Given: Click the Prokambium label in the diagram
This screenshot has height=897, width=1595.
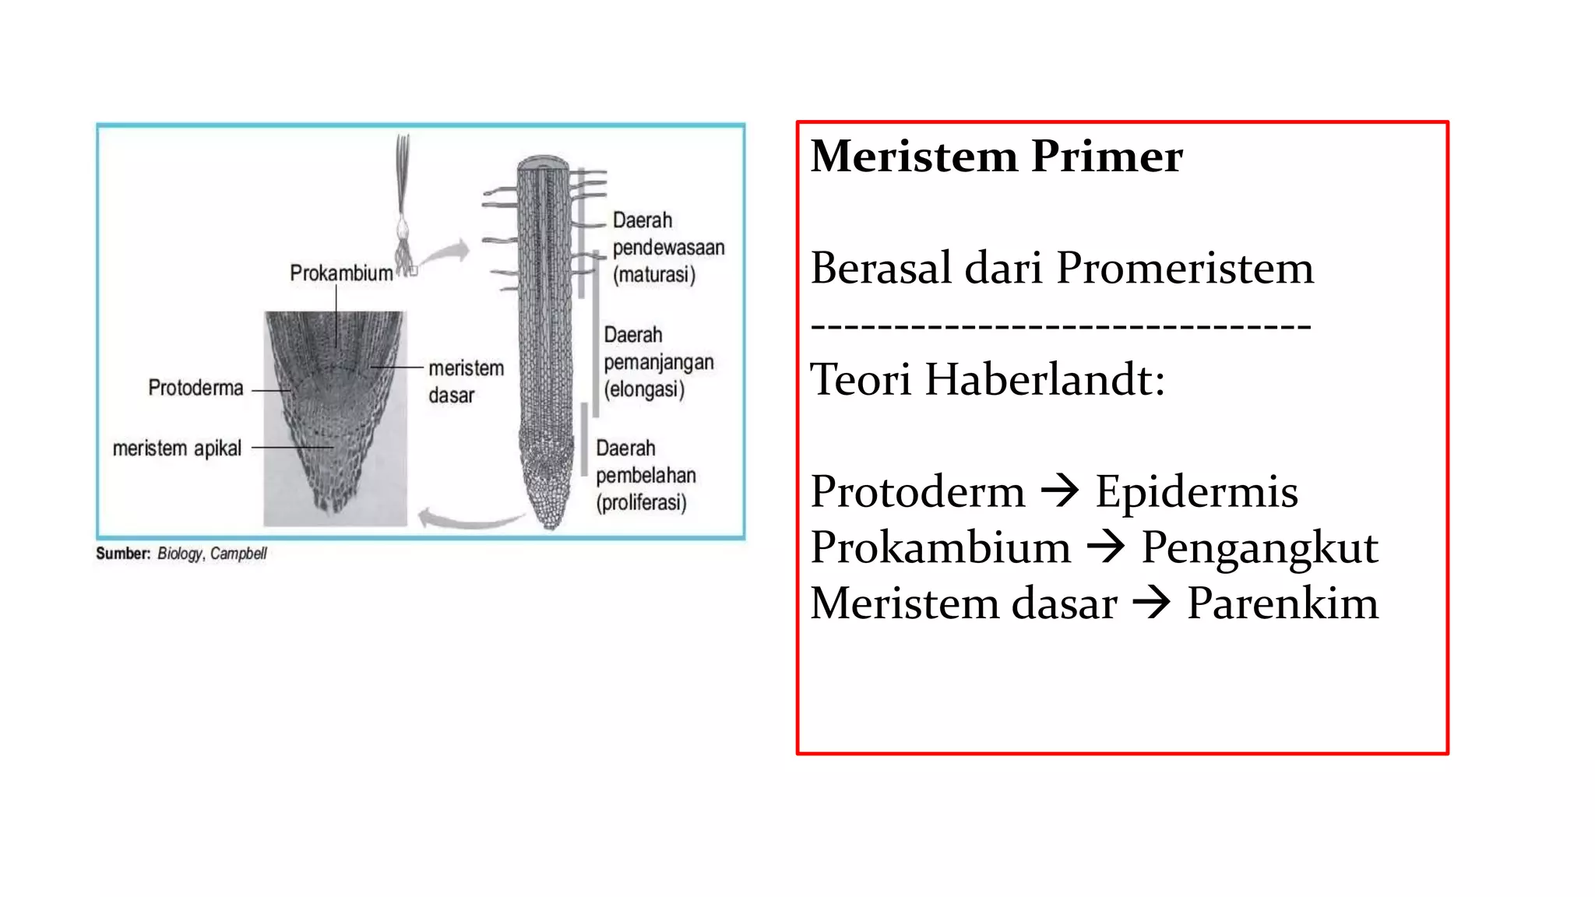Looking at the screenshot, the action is (x=341, y=273).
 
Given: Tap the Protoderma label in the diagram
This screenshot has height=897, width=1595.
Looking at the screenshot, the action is (x=195, y=388).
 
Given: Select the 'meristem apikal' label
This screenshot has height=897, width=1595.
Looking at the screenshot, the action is (x=177, y=448).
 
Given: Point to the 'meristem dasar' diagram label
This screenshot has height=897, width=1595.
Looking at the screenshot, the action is (x=466, y=382).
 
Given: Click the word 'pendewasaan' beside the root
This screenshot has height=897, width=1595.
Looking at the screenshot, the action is (x=668, y=248).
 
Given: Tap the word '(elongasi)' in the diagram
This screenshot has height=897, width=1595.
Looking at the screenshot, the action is (x=644, y=389).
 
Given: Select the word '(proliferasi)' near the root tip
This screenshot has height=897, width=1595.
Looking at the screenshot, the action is (x=642, y=502).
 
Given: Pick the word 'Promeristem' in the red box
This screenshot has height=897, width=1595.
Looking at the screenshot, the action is (x=1185, y=268).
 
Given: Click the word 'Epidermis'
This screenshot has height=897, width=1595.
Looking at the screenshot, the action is (x=1197, y=491).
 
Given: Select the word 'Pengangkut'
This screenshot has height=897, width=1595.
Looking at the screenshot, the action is (x=1259, y=547).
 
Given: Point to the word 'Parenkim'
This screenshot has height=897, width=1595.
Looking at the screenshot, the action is (x=1282, y=603).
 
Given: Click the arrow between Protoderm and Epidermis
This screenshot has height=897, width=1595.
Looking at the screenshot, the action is (x=1060, y=491).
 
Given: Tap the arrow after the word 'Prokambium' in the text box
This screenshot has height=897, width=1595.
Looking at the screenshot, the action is (x=1106, y=547).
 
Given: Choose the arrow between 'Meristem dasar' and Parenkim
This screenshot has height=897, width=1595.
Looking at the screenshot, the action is (x=1152, y=603).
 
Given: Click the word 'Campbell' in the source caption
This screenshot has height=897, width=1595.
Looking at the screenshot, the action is (x=238, y=554).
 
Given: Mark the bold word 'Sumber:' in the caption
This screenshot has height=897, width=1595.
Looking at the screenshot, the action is (x=123, y=554).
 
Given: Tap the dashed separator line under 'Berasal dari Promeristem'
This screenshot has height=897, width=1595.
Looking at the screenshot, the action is (x=1061, y=325).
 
